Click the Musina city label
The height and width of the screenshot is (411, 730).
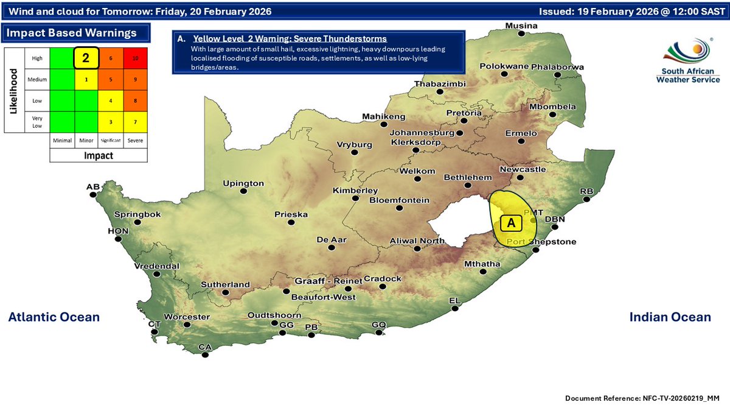coord(522,26)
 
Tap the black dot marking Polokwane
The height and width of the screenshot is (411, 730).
coord(504,75)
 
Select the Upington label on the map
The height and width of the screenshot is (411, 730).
coord(243,183)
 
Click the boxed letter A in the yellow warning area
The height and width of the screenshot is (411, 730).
coord(511,223)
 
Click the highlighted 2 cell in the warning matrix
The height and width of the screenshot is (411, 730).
coord(86,58)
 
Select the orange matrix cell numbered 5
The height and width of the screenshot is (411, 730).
coord(111,79)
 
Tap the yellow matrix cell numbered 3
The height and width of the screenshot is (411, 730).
coord(111,122)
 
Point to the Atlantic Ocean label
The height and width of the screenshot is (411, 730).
coord(54,317)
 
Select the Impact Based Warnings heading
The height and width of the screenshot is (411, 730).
coord(70,33)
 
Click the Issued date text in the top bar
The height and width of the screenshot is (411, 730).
coord(630,12)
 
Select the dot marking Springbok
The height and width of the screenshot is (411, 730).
coord(137,223)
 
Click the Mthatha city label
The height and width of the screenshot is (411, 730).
coord(482,264)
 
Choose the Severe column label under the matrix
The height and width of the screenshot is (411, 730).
coord(135,140)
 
